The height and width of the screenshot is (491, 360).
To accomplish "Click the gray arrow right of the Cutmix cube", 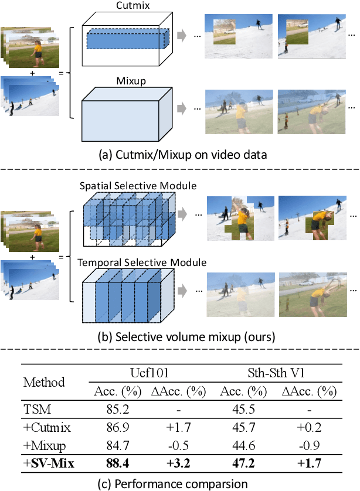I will coord(184,37).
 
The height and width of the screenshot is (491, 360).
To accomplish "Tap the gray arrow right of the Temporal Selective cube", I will coord(184,289).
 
